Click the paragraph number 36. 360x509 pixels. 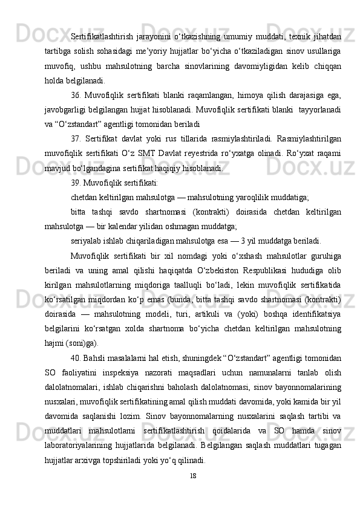click(76, 94)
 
